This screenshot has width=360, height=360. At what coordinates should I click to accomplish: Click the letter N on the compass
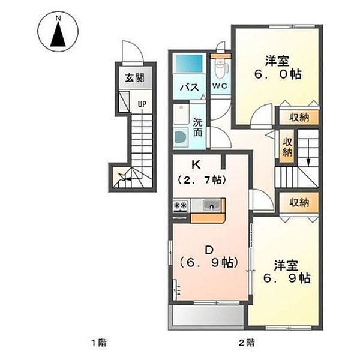click(x=58, y=19)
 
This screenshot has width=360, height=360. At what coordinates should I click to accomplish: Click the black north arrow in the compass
click(x=58, y=34)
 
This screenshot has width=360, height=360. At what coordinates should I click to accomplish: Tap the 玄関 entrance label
click(x=135, y=78)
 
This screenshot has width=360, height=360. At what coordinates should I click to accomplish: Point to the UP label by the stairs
click(x=142, y=104)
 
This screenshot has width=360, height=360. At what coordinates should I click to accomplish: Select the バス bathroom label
click(x=190, y=88)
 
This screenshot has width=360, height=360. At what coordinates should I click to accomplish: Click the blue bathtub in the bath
click(x=190, y=64)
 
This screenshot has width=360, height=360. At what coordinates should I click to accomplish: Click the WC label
click(x=220, y=86)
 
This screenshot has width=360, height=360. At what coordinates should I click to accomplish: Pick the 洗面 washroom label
click(x=197, y=127)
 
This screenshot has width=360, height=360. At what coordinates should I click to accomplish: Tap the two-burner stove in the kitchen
click(x=181, y=205)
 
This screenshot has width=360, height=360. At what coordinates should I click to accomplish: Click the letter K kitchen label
click(x=196, y=165)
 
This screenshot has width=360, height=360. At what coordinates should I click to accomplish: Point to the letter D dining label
click(x=209, y=250)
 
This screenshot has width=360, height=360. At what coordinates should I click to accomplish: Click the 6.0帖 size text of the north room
click(x=278, y=74)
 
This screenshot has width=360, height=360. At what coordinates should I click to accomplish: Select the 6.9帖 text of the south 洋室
click(x=287, y=278)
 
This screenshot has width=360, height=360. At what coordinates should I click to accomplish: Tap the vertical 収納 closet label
click(x=287, y=147)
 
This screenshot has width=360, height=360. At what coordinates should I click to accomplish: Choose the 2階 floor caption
click(x=247, y=343)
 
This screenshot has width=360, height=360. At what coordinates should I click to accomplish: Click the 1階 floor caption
click(x=99, y=343)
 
